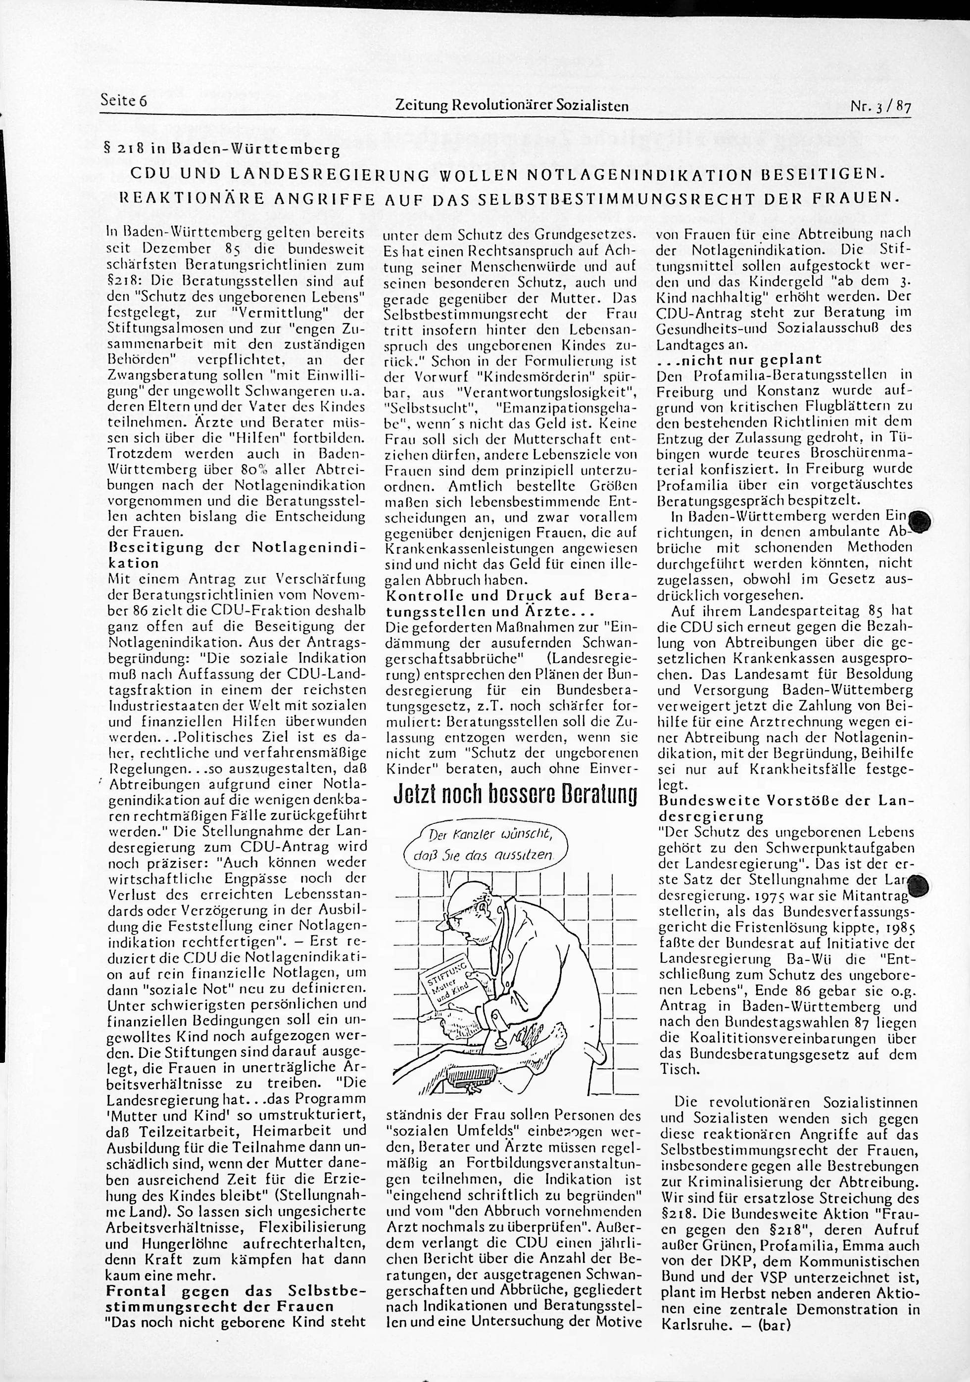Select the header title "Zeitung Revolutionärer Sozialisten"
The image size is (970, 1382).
tap(511, 106)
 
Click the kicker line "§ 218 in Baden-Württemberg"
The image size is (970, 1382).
tap(223, 149)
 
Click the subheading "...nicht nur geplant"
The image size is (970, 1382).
tap(739, 360)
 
